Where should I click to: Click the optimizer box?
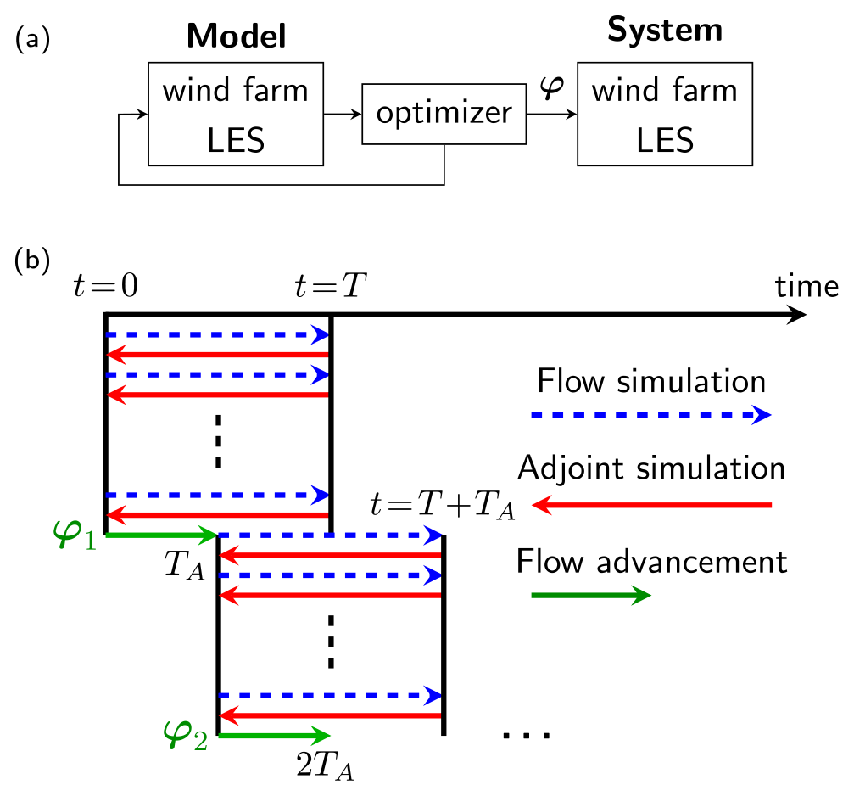444,113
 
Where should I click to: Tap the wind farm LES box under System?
664,115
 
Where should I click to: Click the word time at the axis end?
806,286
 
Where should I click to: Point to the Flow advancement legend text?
651,561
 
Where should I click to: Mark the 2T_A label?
324,766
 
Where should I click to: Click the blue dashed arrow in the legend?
650,415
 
